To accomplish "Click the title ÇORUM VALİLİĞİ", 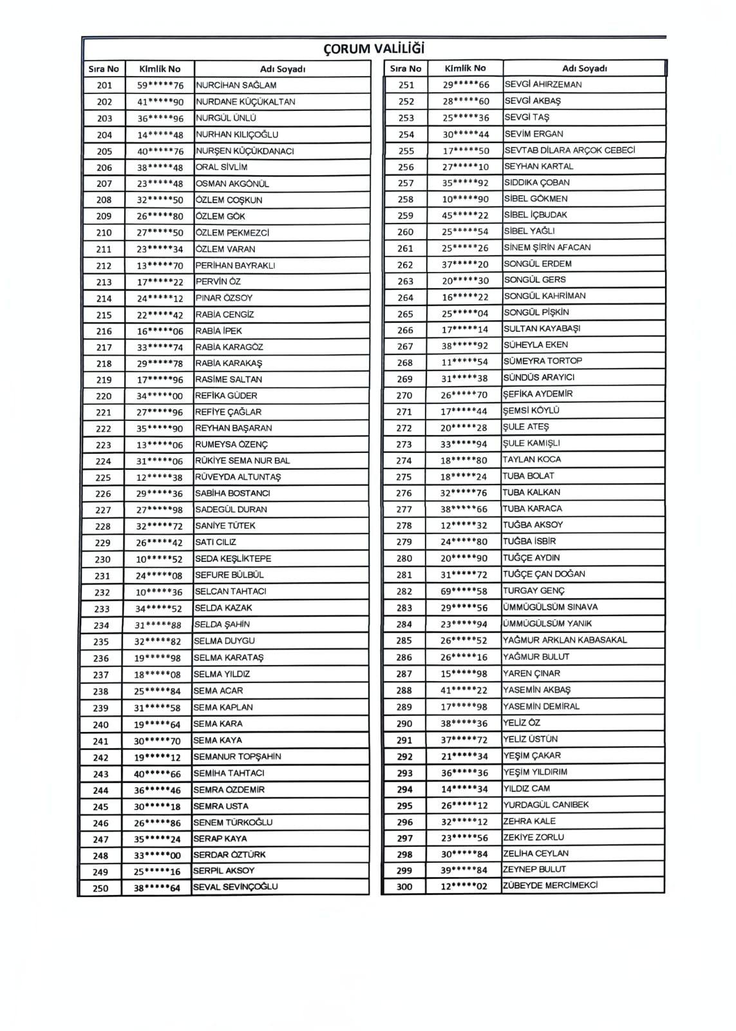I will click(x=374, y=49).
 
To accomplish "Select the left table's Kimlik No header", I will click(x=160, y=68).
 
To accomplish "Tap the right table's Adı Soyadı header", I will click(x=584, y=68).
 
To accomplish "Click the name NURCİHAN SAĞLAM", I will click(x=236, y=85).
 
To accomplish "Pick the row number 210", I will click(x=104, y=233).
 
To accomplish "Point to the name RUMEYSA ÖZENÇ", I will click(x=231, y=445).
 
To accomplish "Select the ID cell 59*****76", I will click(x=160, y=85).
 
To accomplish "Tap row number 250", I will click(x=100, y=888).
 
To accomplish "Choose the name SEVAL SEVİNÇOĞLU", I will click(x=235, y=887).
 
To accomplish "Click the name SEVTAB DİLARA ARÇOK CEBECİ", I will click(x=569, y=150).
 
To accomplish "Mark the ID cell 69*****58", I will click(x=464, y=591).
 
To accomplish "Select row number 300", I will click(x=404, y=887).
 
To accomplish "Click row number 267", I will click(x=405, y=345).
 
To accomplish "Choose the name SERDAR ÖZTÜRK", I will click(x=229, y=855).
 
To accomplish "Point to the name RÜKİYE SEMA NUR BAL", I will click(x=242, y=461).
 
